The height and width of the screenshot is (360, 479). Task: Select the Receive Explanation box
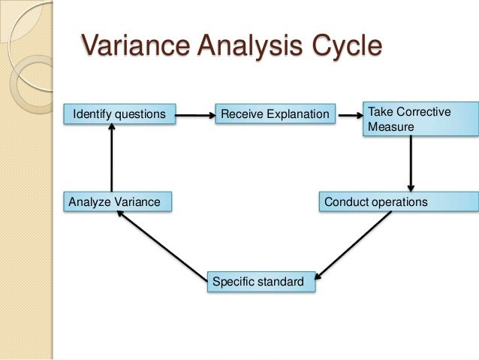[276, 115]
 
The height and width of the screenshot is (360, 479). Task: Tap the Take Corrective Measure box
[419, 120]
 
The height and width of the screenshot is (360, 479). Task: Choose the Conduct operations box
[397, 202]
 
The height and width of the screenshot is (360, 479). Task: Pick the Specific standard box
[261, 283]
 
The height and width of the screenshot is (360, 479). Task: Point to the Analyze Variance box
[118, 201]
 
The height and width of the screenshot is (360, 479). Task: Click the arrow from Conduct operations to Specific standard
[354, 242]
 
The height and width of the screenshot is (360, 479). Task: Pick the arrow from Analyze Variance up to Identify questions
[111, 158]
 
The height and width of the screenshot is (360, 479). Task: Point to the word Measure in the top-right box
[390, 128]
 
